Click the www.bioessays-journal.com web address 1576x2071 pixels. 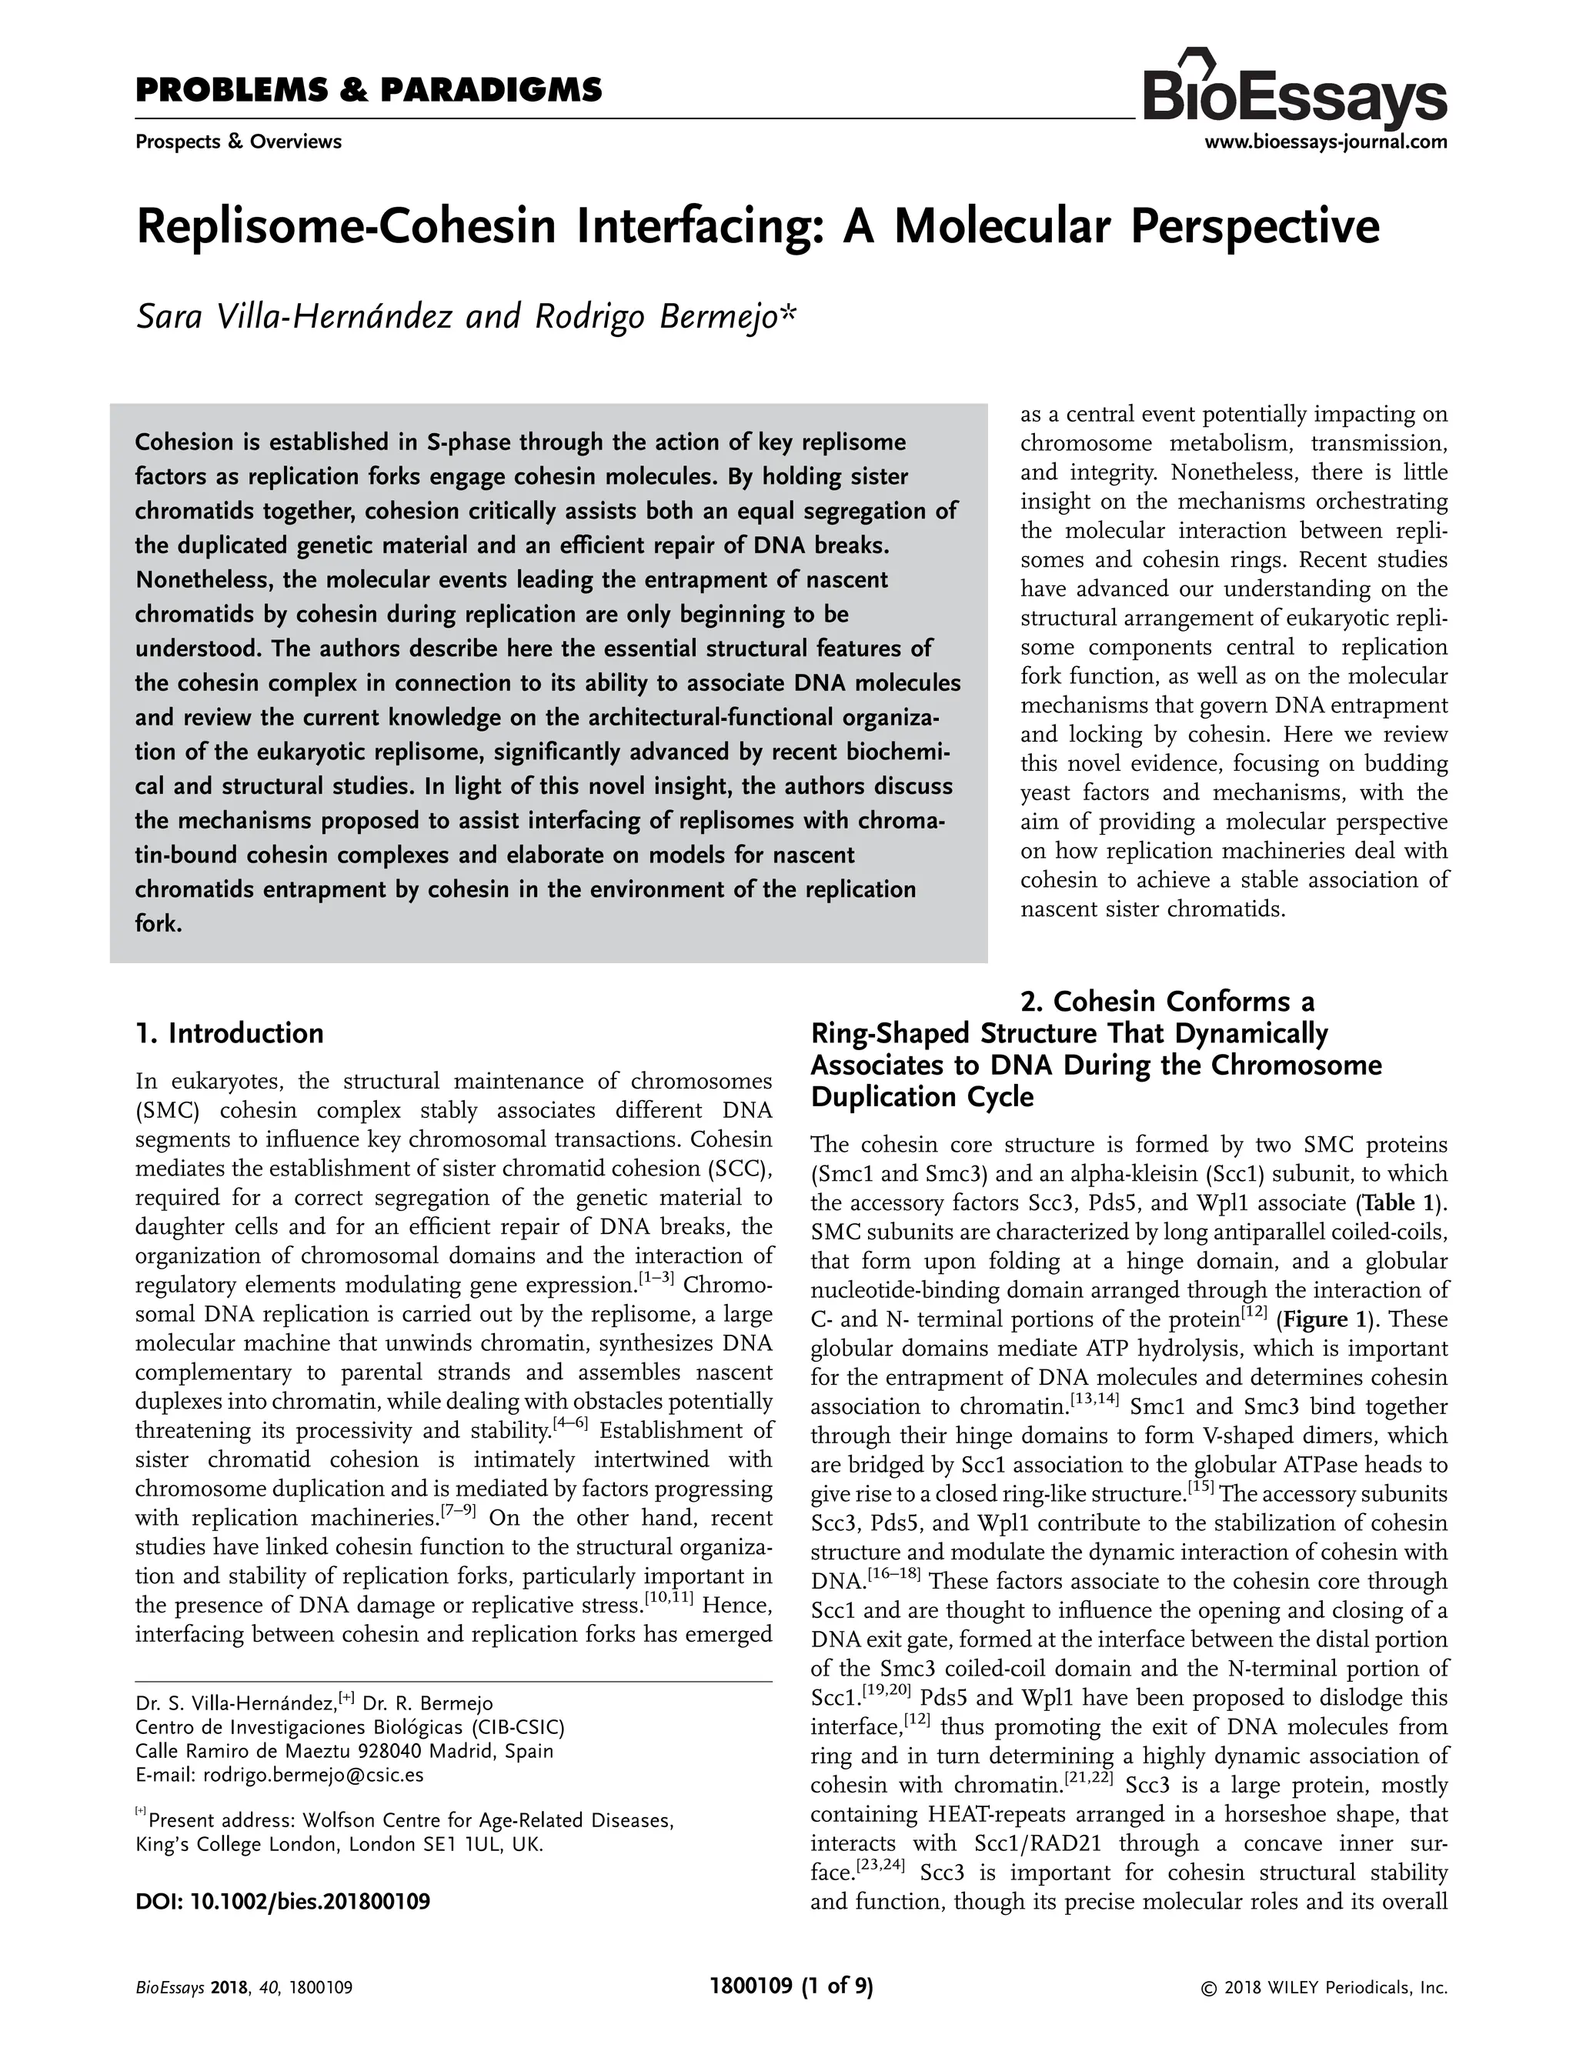(1324, 142)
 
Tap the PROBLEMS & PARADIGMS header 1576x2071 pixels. (369, 91)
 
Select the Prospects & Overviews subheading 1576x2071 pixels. (239, 142)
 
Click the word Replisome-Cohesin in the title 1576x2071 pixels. (346, 228)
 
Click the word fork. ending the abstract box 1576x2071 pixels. (158, 924)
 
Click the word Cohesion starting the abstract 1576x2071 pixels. (184, 442)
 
